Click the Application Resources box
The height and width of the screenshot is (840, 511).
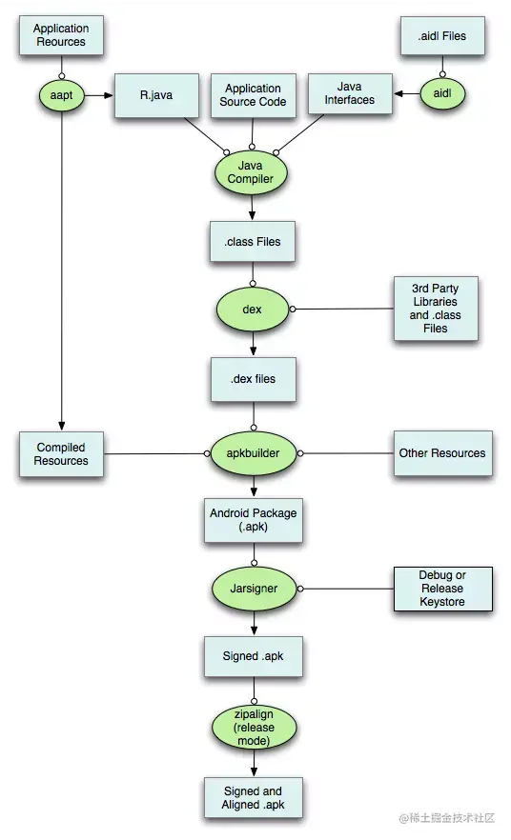coord(60,35)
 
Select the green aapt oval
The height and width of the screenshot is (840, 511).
coord(61,94)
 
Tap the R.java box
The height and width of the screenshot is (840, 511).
coord(154,95)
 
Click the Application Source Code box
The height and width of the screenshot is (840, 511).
coord(253,95)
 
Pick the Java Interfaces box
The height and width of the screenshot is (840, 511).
coord(350,93)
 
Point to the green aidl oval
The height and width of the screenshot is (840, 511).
coord(441,93)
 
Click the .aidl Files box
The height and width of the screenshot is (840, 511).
coord(441,36)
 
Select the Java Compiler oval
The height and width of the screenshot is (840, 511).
coord(253,171)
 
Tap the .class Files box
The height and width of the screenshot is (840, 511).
coord(253,242)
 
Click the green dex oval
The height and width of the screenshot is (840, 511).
coord(253,310)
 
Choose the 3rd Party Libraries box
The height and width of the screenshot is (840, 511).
coord(436,310)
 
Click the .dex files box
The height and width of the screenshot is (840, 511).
coord(253,378)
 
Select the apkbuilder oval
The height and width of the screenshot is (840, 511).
coord(253,453)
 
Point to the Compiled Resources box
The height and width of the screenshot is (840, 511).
coord(61,454)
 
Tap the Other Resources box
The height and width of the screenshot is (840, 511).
coord(441,453)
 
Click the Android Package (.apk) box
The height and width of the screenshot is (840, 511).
coord(253,519)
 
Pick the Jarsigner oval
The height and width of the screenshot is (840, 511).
coord(253,589)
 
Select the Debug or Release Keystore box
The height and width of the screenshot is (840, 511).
coord(442,589)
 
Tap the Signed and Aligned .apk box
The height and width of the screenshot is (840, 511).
coord(253,798)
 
